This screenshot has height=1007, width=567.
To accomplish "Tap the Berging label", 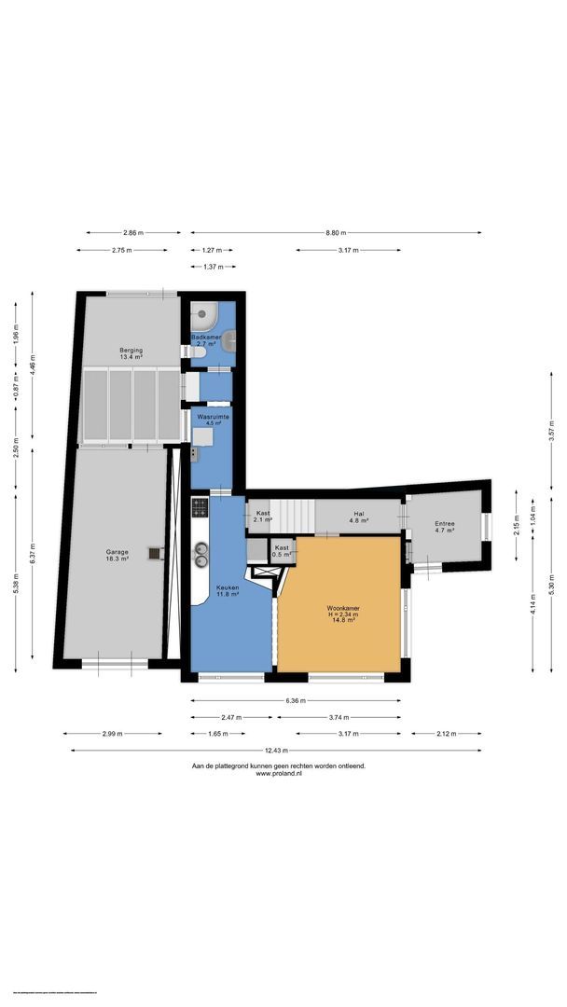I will point(130,352).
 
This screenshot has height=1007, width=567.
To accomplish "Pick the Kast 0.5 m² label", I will point(282,551).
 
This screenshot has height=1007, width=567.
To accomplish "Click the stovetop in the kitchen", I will point(200,508).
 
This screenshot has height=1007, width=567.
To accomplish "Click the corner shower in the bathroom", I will point(203,314).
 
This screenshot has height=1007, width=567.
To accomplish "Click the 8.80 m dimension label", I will point(336,233).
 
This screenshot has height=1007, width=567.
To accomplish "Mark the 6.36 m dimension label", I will point(297,701).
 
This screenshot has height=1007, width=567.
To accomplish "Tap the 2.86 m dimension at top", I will point(133,233).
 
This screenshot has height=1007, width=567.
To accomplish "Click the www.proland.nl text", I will point(278,774).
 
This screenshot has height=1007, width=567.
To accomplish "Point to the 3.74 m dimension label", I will point(337,718).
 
